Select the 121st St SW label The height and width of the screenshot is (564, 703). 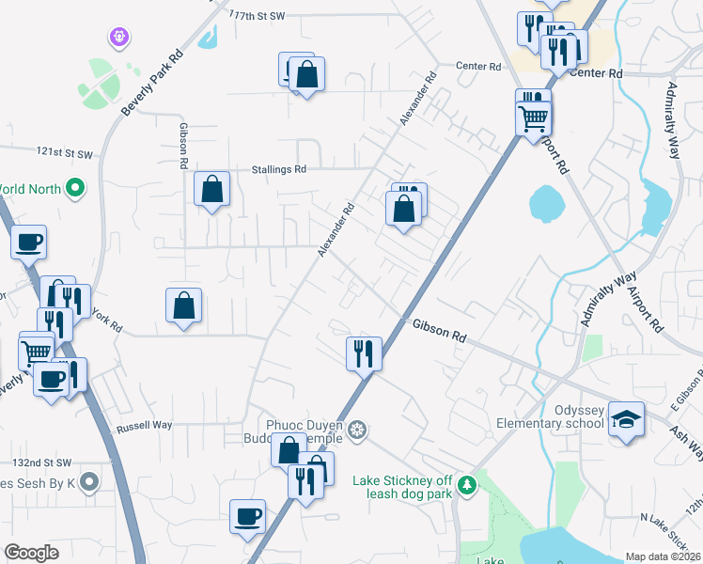[x=66, y=152]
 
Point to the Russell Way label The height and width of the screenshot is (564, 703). [x=144, y=426]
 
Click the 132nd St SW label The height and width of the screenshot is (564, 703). [x=42, y=462]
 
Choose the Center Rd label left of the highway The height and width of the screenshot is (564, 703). [x=479, y=67]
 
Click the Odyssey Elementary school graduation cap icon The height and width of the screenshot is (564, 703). [x=626, y=420]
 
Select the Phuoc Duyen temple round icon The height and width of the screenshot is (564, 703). [x=356, y=431]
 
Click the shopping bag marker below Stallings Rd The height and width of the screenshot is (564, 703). [x=212, y=188]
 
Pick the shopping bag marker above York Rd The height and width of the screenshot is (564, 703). [x=183, y=305]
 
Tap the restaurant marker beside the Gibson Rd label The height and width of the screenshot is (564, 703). [x=364, y=353]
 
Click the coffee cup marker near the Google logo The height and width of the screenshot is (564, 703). [x=248, y=515]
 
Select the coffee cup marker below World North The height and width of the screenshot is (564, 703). [x=28, y=242]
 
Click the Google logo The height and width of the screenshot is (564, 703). [x=31, y=553]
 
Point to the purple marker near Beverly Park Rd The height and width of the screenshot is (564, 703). [x=117, y=38]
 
